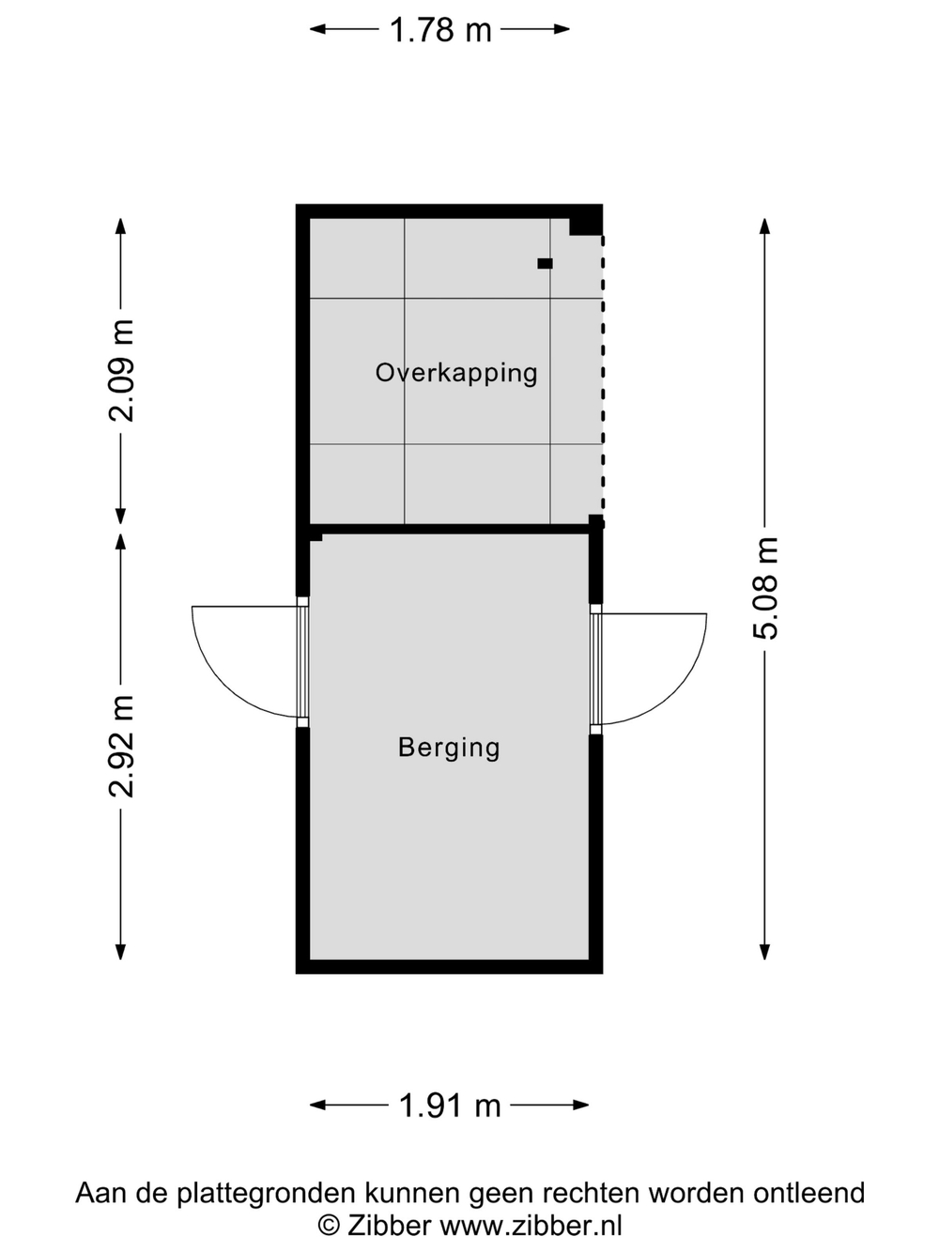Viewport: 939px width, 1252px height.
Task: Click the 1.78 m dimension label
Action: [440, 30]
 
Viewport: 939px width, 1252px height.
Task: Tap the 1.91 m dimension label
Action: [450, 1106]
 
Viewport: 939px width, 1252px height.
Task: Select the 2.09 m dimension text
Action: [121, 370]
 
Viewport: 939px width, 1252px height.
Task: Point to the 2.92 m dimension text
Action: [121, 746]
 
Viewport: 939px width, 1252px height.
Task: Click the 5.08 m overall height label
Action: [765, 588]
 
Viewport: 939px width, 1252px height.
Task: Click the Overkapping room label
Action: [456, 374]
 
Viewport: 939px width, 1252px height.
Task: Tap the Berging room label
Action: [449, 748]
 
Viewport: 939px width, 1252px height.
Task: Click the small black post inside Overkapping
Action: [545, 264]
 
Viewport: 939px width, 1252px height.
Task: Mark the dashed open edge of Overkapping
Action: [603, 379]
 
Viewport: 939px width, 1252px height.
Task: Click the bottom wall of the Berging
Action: [449, 966]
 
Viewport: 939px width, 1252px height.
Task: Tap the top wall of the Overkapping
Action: [449, 211]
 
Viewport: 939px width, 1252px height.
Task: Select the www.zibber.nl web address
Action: [531, 1225]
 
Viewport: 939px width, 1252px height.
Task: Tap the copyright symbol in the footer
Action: [329, 1226]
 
